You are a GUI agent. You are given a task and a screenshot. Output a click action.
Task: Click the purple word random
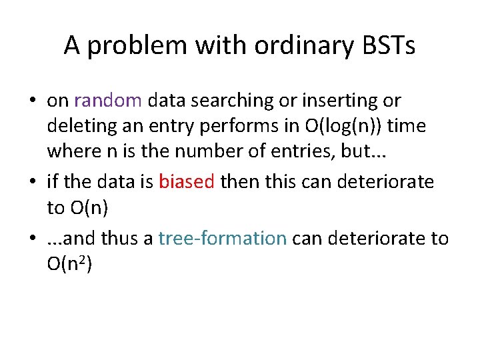pos(108,101)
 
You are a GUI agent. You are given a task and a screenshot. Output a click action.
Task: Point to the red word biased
pos(187,181)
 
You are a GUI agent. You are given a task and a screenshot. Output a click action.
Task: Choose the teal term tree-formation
pos(223,238)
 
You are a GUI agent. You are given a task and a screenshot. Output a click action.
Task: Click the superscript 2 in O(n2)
pos(84,259)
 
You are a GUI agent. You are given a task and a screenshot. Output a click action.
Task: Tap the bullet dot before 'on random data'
pos(32,101)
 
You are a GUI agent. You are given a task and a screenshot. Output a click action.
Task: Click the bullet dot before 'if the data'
pos(32,182)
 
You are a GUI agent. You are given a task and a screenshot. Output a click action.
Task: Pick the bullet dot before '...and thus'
pos(32,239)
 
